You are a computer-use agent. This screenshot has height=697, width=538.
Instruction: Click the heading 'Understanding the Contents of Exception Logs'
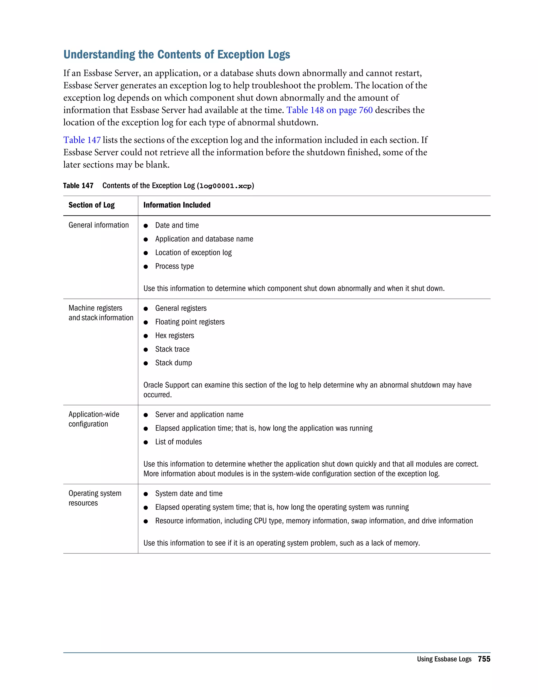pyautogui.click(x=177, y=54)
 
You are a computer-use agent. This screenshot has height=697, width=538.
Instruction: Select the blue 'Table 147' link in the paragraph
pyautogui.click(x=82, y=140)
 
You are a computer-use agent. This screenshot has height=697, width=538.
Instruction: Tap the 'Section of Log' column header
pyautogui.click(x=91, y=205)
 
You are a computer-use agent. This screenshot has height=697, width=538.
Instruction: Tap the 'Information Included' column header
pyautogui.click(x=177, y=205)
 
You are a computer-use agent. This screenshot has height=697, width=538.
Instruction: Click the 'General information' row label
pyautogui.click(x=99, y=225)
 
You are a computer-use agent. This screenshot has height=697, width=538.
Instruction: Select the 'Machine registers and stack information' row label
pyautogui.click(x=101, y=313)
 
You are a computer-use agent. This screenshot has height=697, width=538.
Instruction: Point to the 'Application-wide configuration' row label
pyautogui.click(x=94, y=419)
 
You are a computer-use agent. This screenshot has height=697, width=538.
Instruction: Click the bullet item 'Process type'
pyautogui.click(x=174, y=266)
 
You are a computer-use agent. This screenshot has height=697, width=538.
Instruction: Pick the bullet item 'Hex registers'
pyautogui.click(x=174, y=336)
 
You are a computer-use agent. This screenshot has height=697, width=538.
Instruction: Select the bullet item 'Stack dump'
pyautogui.click(x=173, y=363)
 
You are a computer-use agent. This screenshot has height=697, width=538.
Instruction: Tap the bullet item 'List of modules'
pyautogui.click(x=178, y=442)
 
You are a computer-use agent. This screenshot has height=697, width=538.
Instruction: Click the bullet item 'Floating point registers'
pyautogui.click(x=190, y=322)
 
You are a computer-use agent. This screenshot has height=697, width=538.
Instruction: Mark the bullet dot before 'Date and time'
pyautogui.click(x=146, y=226)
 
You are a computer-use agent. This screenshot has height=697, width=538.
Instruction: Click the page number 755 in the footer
pyautogui.click(x=484, y=659)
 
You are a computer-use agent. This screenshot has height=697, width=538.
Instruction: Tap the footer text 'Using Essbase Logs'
pyautogui.click(x=444, y=659)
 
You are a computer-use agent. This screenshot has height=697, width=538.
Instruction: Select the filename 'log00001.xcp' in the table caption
pyautogui.click(x=225, y=186)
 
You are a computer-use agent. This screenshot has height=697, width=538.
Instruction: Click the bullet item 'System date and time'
pyautogui.click(x=189, y=494)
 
